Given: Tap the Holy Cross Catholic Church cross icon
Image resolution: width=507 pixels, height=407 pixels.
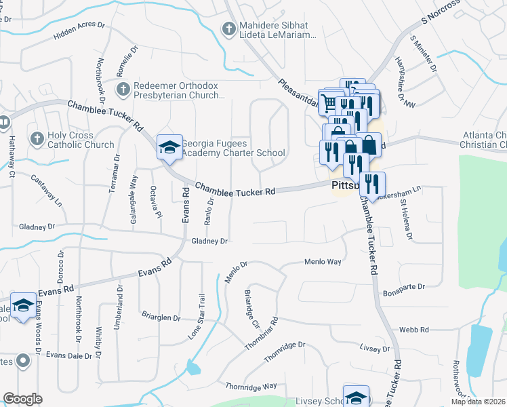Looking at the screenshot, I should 37,139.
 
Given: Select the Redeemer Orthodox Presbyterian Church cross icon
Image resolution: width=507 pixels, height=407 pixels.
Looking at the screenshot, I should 123,90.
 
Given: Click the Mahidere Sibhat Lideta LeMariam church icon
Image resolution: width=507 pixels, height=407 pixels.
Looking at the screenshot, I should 229,28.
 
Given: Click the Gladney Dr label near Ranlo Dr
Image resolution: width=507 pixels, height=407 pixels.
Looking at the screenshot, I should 209,241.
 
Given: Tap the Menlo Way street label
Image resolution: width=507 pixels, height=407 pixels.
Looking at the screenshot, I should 322,261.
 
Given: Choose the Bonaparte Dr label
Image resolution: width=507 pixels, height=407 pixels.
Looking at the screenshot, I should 403,287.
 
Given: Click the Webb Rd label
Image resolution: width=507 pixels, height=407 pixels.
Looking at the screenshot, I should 414,330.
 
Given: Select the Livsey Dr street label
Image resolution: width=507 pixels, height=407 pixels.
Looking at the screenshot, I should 376,349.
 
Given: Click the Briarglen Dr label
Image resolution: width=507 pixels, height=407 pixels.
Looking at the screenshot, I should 161,317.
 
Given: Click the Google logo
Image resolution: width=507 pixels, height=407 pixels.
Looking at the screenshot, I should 22,399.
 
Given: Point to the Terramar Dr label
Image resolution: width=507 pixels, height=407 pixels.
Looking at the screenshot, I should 114,174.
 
